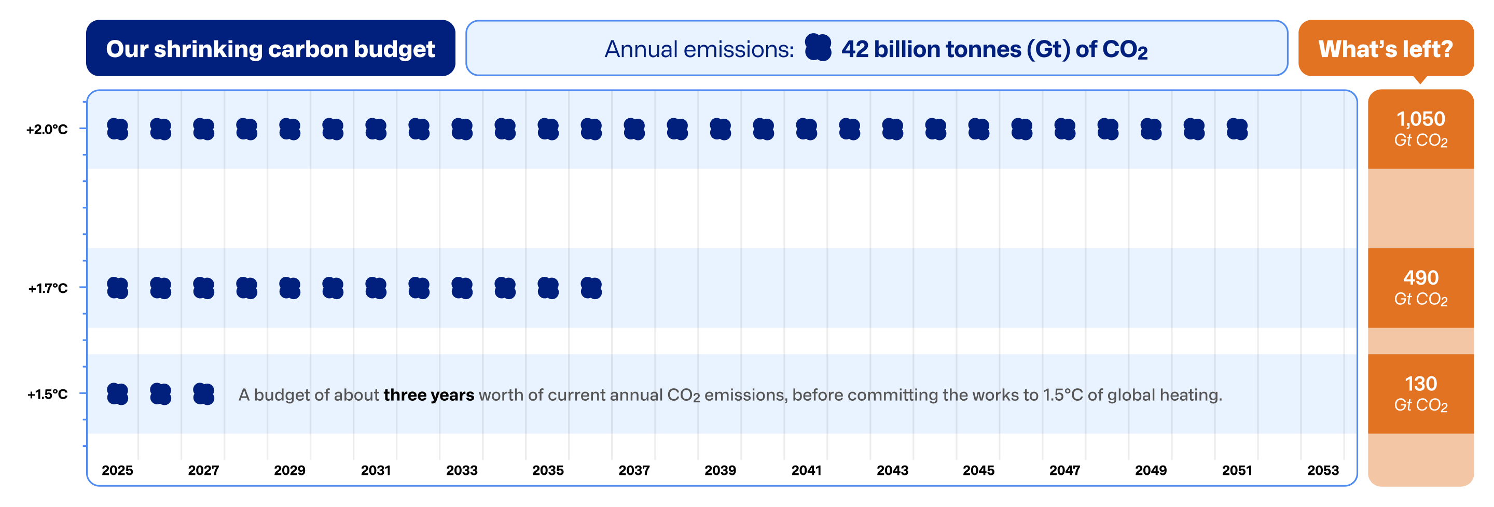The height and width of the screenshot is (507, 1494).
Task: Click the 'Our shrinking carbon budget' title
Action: click(270, 49)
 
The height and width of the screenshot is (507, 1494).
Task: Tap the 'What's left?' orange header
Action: click(1385, 49)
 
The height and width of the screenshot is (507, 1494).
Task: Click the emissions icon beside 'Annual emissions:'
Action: click(818, 48)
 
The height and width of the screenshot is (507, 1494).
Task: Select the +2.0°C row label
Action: click(47, 129)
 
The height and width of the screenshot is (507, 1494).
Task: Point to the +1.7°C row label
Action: click(48, 288)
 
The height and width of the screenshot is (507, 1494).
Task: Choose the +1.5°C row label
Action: click(48, 394)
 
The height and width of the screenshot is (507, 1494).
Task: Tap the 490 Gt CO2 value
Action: click(1420, 287)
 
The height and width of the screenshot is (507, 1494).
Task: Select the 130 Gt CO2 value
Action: click(1420, 393)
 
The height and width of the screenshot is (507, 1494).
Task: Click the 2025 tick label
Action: click(117, 470)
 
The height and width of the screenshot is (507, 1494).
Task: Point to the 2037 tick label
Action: click(634, 470)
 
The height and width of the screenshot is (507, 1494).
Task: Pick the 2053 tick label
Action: click(1323, 470)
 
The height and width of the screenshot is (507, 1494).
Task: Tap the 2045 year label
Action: click(978, 470)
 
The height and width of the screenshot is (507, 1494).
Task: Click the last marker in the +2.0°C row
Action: click(1237, 129)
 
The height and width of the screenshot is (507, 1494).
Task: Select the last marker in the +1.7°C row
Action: click(591, 288)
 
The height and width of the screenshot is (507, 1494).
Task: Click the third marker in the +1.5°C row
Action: click(203, 394)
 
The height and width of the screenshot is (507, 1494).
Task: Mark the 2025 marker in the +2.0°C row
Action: click(117, 129)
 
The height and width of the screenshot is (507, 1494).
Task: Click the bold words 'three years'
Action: click(428, 395)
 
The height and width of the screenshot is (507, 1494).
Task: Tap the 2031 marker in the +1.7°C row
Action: click(376, 288)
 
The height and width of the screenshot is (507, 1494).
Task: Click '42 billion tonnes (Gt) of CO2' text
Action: click(994, 49)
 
